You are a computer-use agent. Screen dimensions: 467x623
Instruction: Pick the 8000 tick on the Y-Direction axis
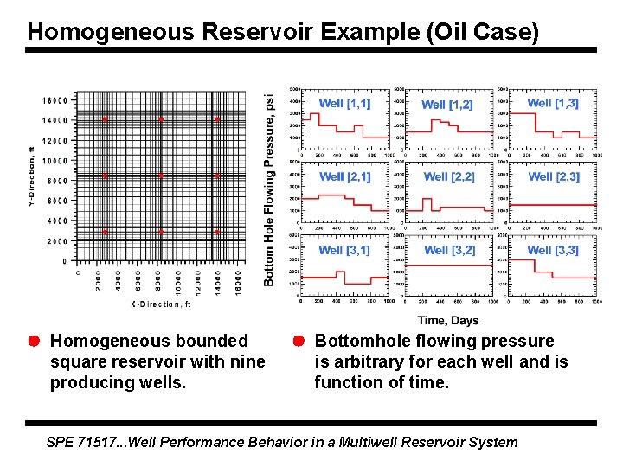tap(57, 181)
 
